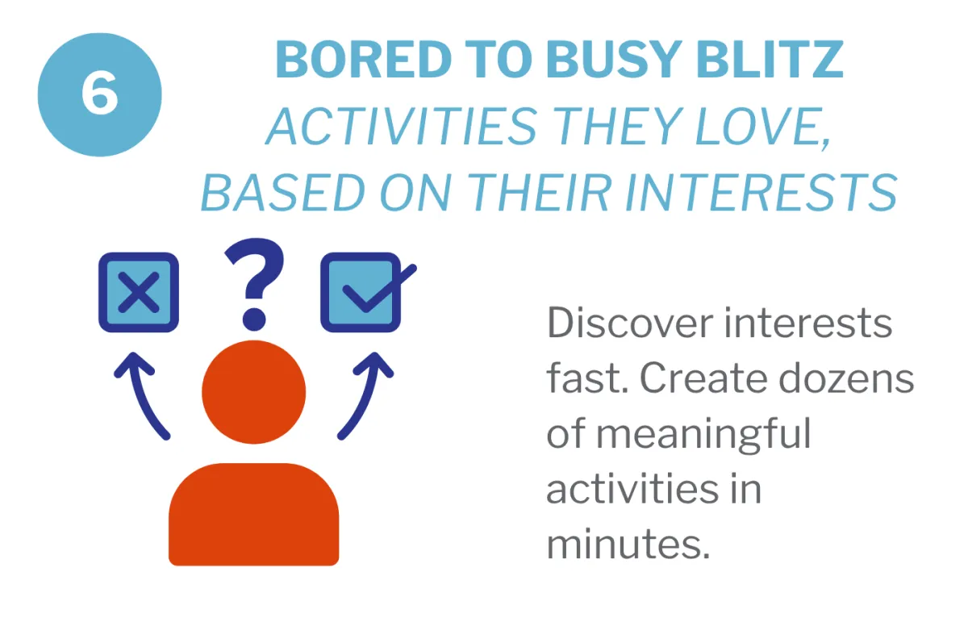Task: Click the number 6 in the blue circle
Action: click(99, 94)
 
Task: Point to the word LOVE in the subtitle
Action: click(763, 127)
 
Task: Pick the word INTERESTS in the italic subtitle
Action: click(761, 192)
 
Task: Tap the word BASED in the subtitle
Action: click(283, 192)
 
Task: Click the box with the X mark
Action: click(139, 292)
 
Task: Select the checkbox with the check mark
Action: click(361, 292)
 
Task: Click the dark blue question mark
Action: click(255, 284)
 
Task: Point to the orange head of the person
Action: click(254, 391)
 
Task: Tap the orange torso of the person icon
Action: click(253, 514)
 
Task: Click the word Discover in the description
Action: click(630, 323)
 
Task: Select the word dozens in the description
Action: click(846, 378)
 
